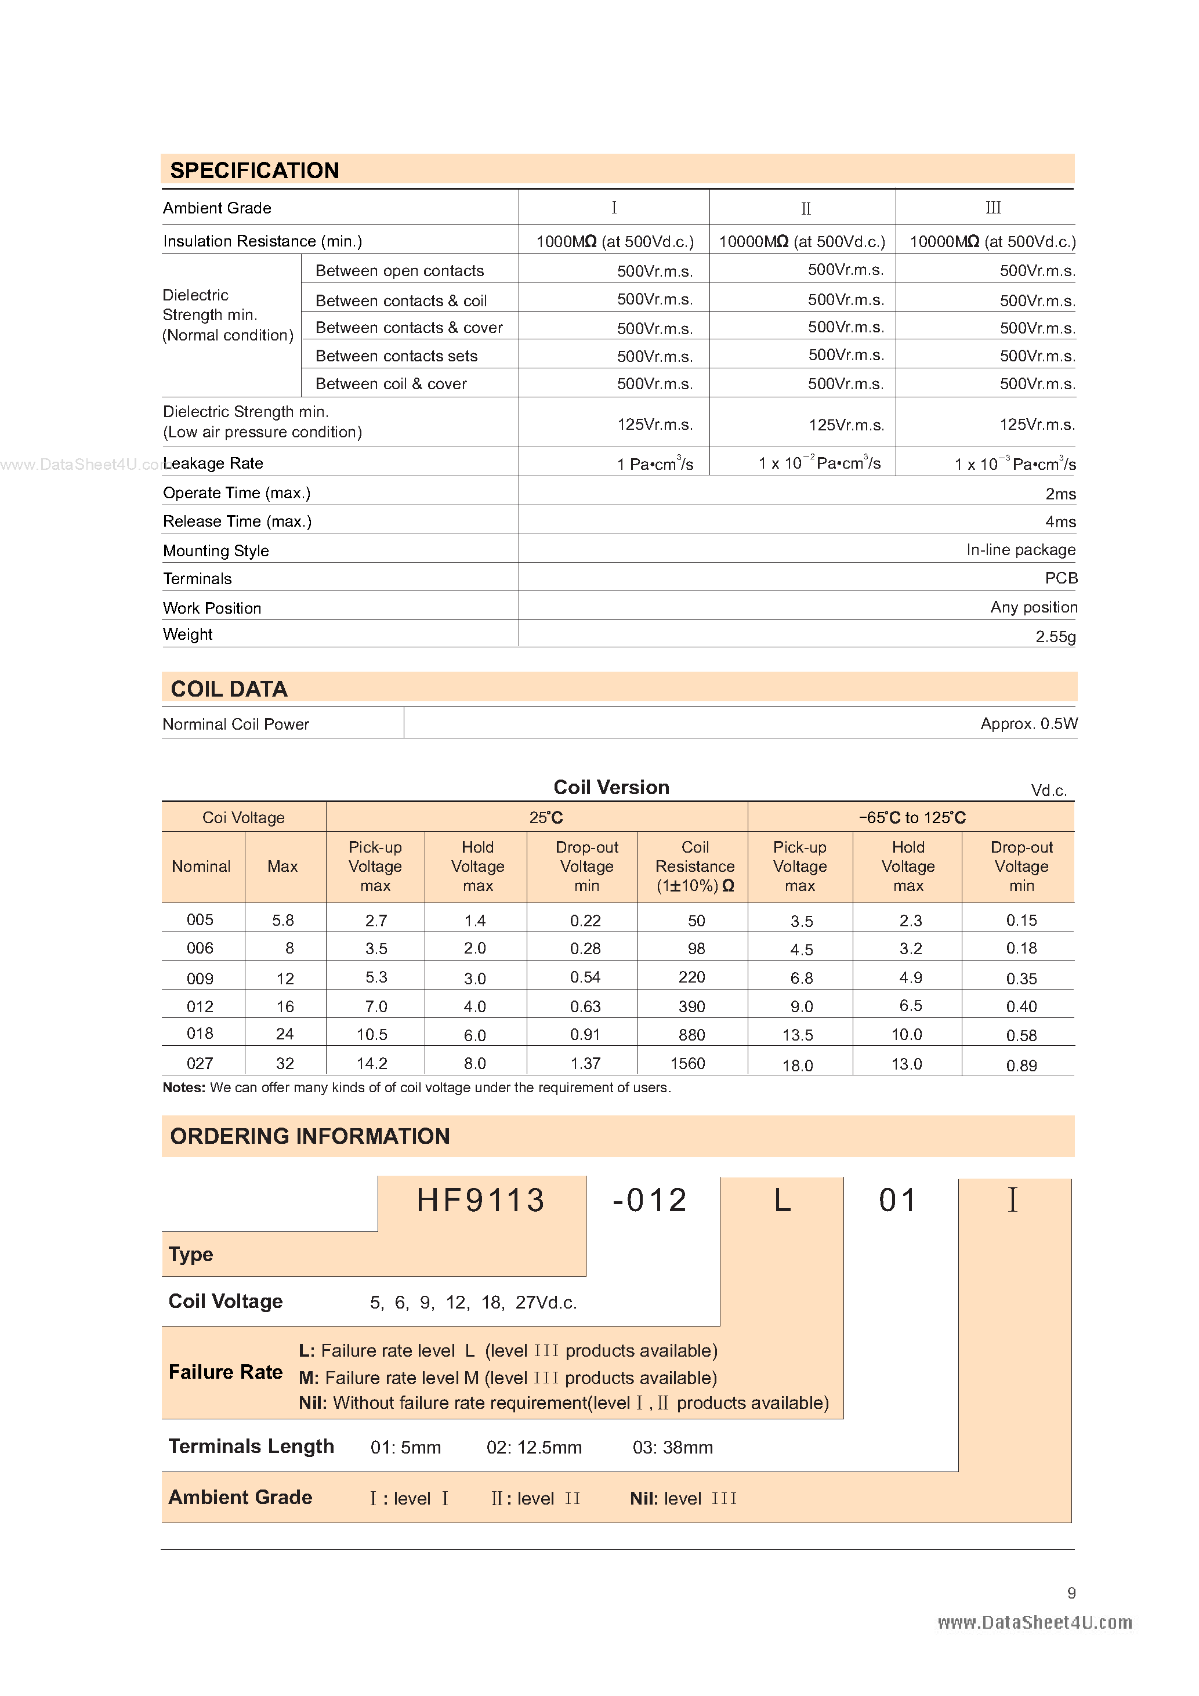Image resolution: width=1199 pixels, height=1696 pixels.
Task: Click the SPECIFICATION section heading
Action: click(254, 171)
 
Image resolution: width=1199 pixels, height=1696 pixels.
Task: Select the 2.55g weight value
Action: click(1055, 636)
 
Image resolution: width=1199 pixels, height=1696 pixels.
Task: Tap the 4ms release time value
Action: click(1060, 521)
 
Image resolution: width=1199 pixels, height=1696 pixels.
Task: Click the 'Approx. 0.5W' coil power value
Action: click(1028, 724)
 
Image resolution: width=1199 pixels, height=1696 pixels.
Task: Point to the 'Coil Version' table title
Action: click(611, 788)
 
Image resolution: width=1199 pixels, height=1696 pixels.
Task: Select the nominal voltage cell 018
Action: click(200, 1034)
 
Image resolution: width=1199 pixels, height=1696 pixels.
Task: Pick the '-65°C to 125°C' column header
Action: click(912, 818)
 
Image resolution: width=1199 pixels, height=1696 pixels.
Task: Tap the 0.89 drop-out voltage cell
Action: click(1021, 1065)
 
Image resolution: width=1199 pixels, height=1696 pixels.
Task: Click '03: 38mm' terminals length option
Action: click(672, 1447)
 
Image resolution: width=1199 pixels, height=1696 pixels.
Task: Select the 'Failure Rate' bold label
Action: click(225, 1372)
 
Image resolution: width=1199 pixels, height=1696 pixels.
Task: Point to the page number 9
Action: click(1071, 1593)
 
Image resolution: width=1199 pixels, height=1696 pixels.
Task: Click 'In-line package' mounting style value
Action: click(1020, 549)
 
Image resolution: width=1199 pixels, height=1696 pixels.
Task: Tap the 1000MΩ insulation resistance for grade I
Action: click(615, 241)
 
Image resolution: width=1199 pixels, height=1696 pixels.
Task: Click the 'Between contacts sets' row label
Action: click(396, 356)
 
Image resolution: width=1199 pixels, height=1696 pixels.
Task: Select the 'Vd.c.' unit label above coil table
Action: click(1048, 791)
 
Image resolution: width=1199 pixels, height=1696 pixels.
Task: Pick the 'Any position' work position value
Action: click(1034, 607)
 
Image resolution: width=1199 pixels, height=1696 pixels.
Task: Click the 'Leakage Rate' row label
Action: click(213, 463)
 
